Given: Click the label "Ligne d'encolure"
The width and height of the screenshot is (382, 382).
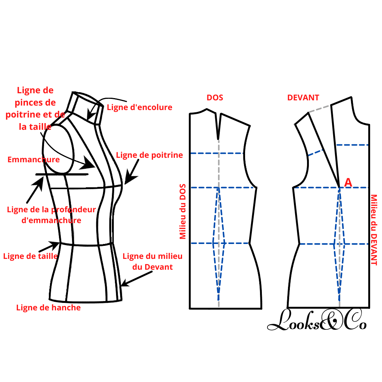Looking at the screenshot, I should [140, 107].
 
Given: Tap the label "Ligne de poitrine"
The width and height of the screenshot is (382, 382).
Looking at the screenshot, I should [149, 155].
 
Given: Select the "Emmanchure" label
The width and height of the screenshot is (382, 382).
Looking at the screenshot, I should [34, 160].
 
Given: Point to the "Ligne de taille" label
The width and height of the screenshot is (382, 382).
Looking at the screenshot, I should [30, 256].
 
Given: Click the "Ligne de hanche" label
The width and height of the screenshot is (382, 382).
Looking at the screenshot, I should [48, 308].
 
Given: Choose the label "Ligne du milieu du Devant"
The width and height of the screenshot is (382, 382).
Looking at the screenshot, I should [152, 262].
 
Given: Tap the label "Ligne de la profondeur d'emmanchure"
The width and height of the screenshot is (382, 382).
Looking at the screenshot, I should [51, 215].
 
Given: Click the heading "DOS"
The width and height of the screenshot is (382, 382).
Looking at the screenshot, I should [215, 98].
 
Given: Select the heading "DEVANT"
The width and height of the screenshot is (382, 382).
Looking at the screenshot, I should [303, 98].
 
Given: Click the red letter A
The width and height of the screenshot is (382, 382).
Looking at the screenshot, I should [348, 182].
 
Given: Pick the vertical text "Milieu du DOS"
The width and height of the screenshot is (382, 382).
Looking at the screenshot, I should [183, 212].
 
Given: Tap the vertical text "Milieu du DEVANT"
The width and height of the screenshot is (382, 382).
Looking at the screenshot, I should [374, 230].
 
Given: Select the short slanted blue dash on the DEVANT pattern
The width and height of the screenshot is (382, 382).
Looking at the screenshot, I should [315, 153].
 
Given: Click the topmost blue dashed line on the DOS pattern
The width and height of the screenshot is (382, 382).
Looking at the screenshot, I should [216, 153].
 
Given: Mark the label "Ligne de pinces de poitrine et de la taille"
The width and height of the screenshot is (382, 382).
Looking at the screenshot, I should [35, 108].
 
